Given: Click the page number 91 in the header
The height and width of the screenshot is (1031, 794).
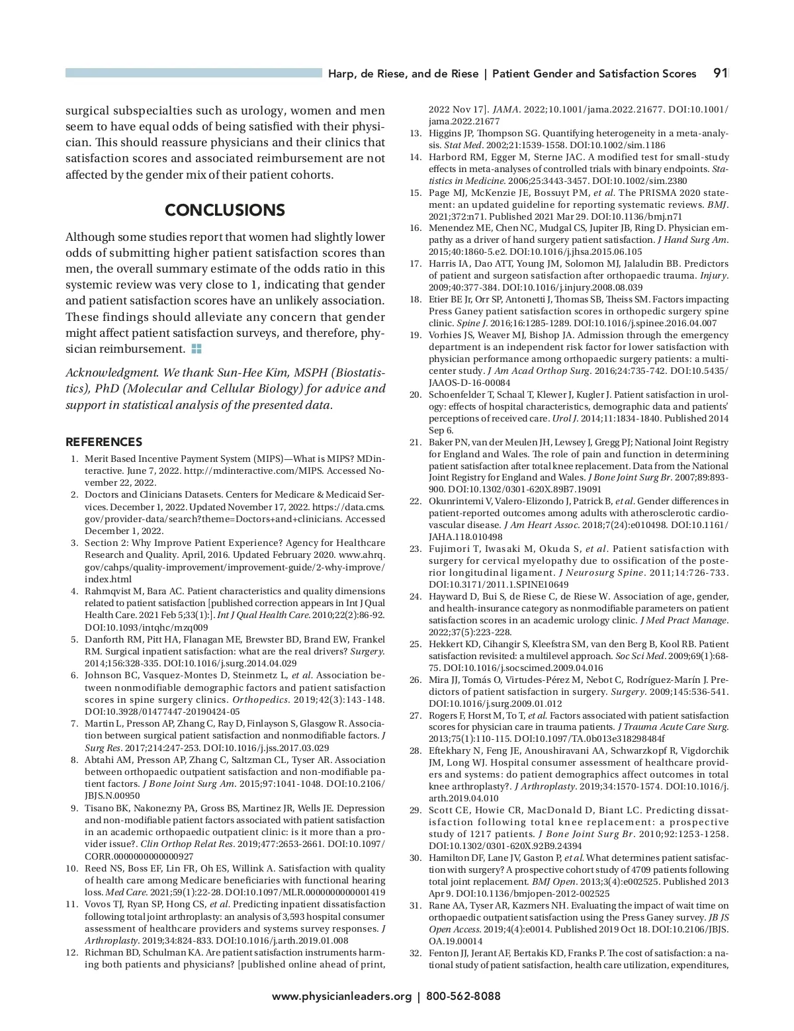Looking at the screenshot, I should [721, 73].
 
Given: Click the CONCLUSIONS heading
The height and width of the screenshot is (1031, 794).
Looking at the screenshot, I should [225, 210].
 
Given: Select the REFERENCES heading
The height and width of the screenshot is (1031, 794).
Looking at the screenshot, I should [104, 442].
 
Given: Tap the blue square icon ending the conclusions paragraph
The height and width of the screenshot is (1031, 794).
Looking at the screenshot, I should [197, 348].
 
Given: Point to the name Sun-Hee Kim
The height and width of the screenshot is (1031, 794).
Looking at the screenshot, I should [244, 373].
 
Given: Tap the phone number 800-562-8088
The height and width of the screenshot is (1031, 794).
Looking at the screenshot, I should [463, 996].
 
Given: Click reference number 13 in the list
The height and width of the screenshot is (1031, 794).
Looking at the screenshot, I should [416, 133].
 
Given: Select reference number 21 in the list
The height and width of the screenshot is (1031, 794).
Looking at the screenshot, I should [416, 442].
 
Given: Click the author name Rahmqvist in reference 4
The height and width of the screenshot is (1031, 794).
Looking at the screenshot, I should [107, 592].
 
